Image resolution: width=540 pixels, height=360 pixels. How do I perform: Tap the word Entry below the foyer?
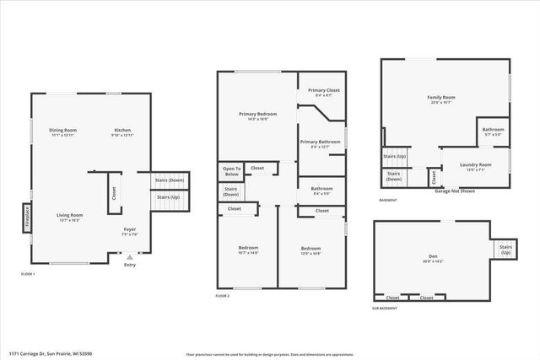click(x=129, y=266)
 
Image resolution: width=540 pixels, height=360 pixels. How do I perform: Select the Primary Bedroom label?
click(x=252, y=116)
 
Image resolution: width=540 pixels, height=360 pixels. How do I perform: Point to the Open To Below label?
click(x=231, y=170)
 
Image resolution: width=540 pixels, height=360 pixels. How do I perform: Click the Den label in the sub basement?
click(x=431, y=258)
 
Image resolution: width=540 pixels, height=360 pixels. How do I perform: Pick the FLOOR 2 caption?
click(x=223, y=297)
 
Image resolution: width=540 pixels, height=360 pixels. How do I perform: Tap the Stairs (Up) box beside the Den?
click(x=505, y=250)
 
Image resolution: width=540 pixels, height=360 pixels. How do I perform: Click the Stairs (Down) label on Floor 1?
click(x=170, y=180)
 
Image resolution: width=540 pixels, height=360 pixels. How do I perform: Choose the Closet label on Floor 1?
click(x=113, y=193)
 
